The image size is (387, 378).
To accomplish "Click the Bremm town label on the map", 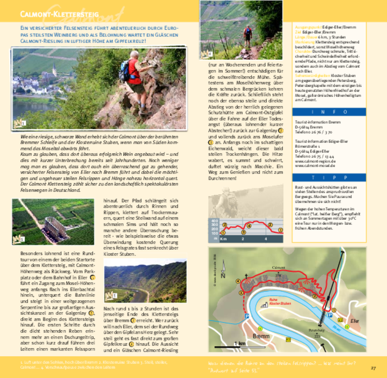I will tap(261, 336).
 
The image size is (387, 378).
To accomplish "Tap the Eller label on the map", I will tap(354, 321).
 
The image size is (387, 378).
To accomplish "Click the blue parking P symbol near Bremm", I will tap(247, 316).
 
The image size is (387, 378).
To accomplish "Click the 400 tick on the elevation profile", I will tap(215, 221).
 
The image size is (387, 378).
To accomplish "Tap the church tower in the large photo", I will tap(55, 71).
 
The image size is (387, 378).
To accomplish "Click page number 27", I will tap(373, 368).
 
